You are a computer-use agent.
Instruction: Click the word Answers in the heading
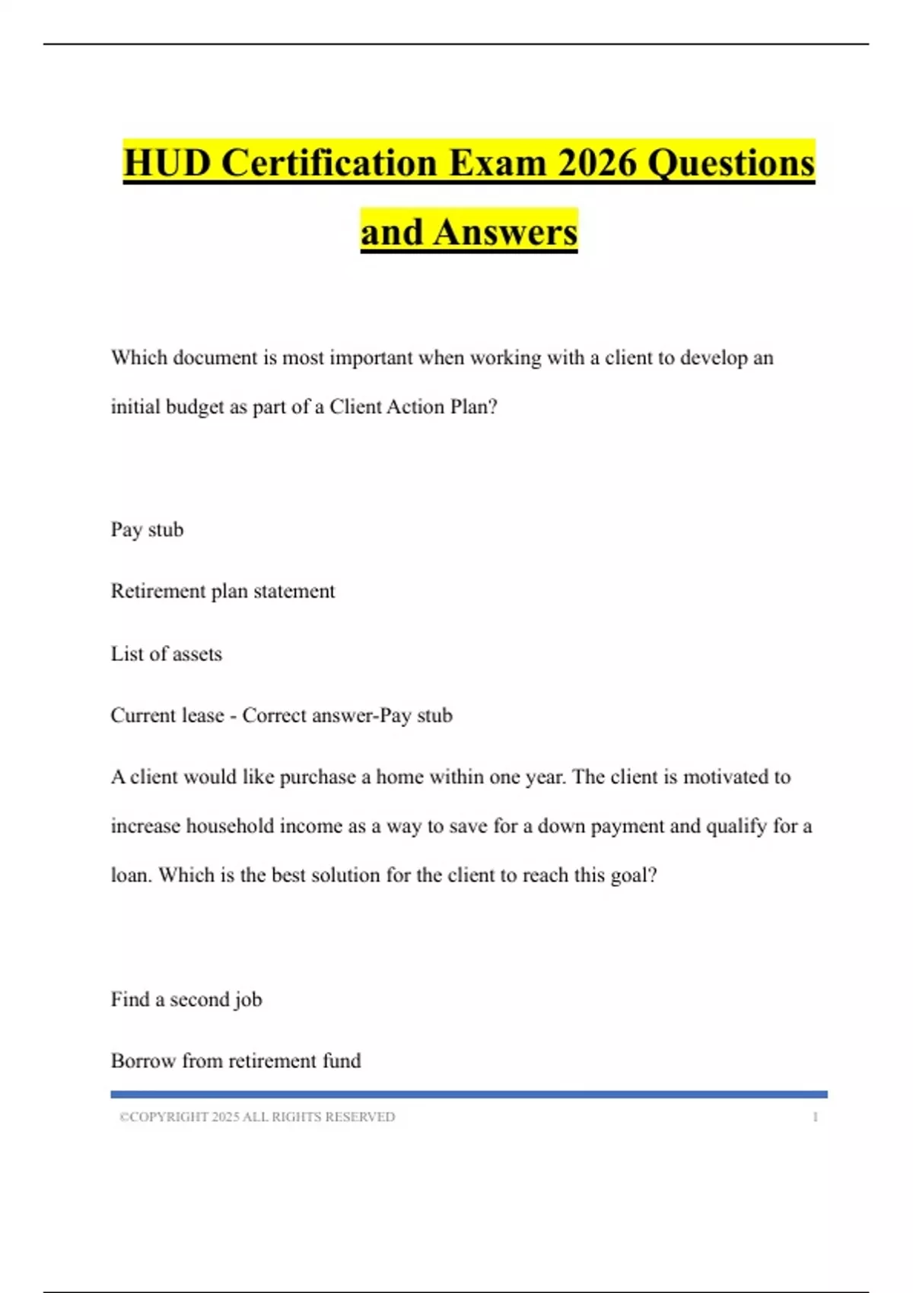click(505, 232)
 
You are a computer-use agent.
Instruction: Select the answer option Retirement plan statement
click(222, 591)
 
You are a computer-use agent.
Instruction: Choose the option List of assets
click(166, 654)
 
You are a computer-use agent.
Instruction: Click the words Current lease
click(167, 716)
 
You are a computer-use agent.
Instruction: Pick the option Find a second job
click(186, 999)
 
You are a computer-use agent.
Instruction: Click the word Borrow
click(143, 1061)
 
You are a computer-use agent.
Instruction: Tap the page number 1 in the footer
click(815, 1117)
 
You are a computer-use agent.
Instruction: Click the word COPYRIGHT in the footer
click(168, 1117)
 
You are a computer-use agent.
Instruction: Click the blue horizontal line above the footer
click(469, 1094)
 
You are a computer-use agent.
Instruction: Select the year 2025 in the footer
click(225, 1117)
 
